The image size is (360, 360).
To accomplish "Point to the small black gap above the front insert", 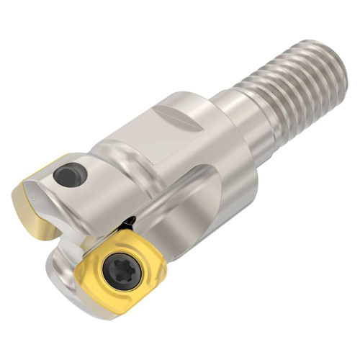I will click(x=130, y=220).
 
